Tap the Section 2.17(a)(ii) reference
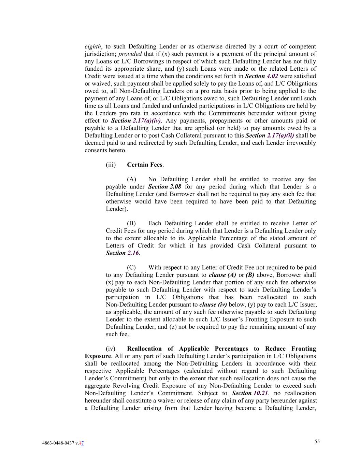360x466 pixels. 272,136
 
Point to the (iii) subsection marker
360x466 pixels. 111,165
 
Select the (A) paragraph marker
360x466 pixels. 131,180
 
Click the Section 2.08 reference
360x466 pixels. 164,187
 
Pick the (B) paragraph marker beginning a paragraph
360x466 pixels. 131,224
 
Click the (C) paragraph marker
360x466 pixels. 131,268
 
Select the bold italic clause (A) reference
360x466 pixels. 222,275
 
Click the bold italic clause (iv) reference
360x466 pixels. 213,305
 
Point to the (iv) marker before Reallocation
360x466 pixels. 111,349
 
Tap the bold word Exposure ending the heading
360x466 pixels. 97,356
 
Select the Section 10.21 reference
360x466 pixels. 250,393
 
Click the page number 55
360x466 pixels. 317,441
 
